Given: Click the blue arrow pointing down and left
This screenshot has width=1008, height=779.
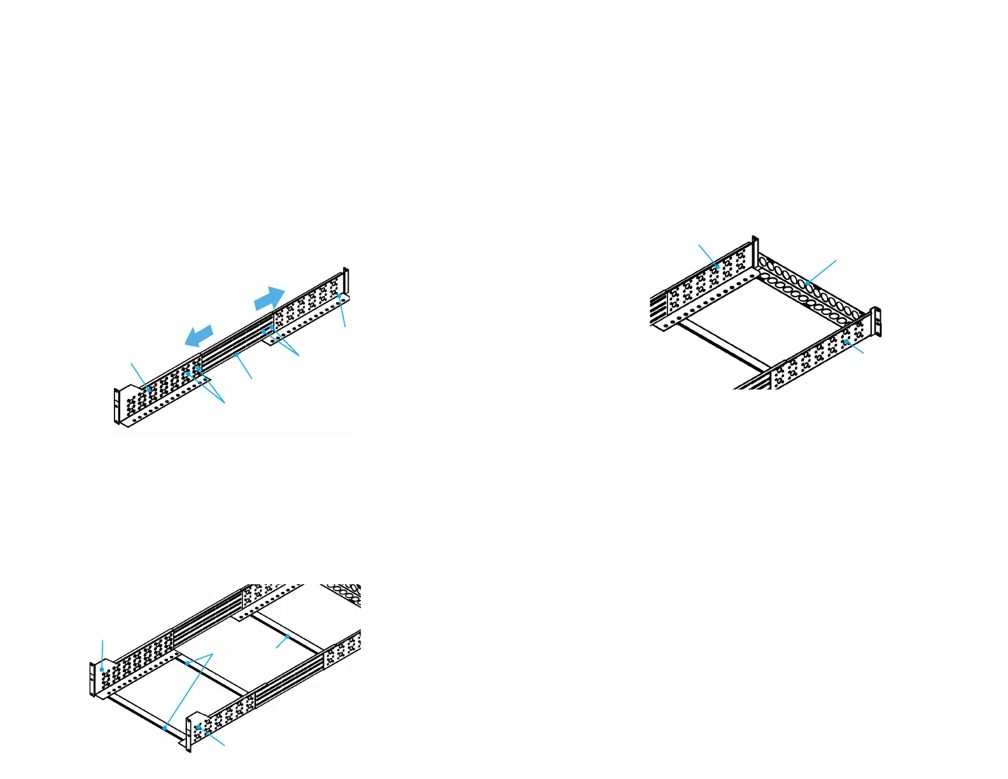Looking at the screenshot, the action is (x=199, y=335).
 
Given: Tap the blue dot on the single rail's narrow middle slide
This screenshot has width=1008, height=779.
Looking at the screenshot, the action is (x=237, y=352).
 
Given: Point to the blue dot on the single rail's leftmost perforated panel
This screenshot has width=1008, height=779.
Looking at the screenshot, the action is (x=148, y=389).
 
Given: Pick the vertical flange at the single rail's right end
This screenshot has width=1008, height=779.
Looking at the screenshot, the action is (x=346, y=281).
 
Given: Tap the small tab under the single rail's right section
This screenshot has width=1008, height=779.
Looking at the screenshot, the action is (x=270, y=341).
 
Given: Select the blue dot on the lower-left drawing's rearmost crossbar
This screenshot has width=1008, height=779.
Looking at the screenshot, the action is (x=288, y=636).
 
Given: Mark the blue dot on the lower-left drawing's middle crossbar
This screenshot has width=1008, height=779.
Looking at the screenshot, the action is (x=187, y=663).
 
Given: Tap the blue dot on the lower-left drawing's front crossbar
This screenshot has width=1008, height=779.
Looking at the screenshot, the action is (x=164, y=727).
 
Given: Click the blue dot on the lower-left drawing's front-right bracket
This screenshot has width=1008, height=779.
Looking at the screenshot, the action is (x=199, y=726).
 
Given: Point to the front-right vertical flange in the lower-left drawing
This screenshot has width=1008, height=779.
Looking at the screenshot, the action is (x=189, y=735).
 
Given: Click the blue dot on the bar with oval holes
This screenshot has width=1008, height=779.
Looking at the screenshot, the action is (x=808, y=283).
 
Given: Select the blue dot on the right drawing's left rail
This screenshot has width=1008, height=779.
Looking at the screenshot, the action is (x=718, y=267).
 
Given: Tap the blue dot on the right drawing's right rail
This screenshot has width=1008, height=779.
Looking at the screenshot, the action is (x=846, y=342).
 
